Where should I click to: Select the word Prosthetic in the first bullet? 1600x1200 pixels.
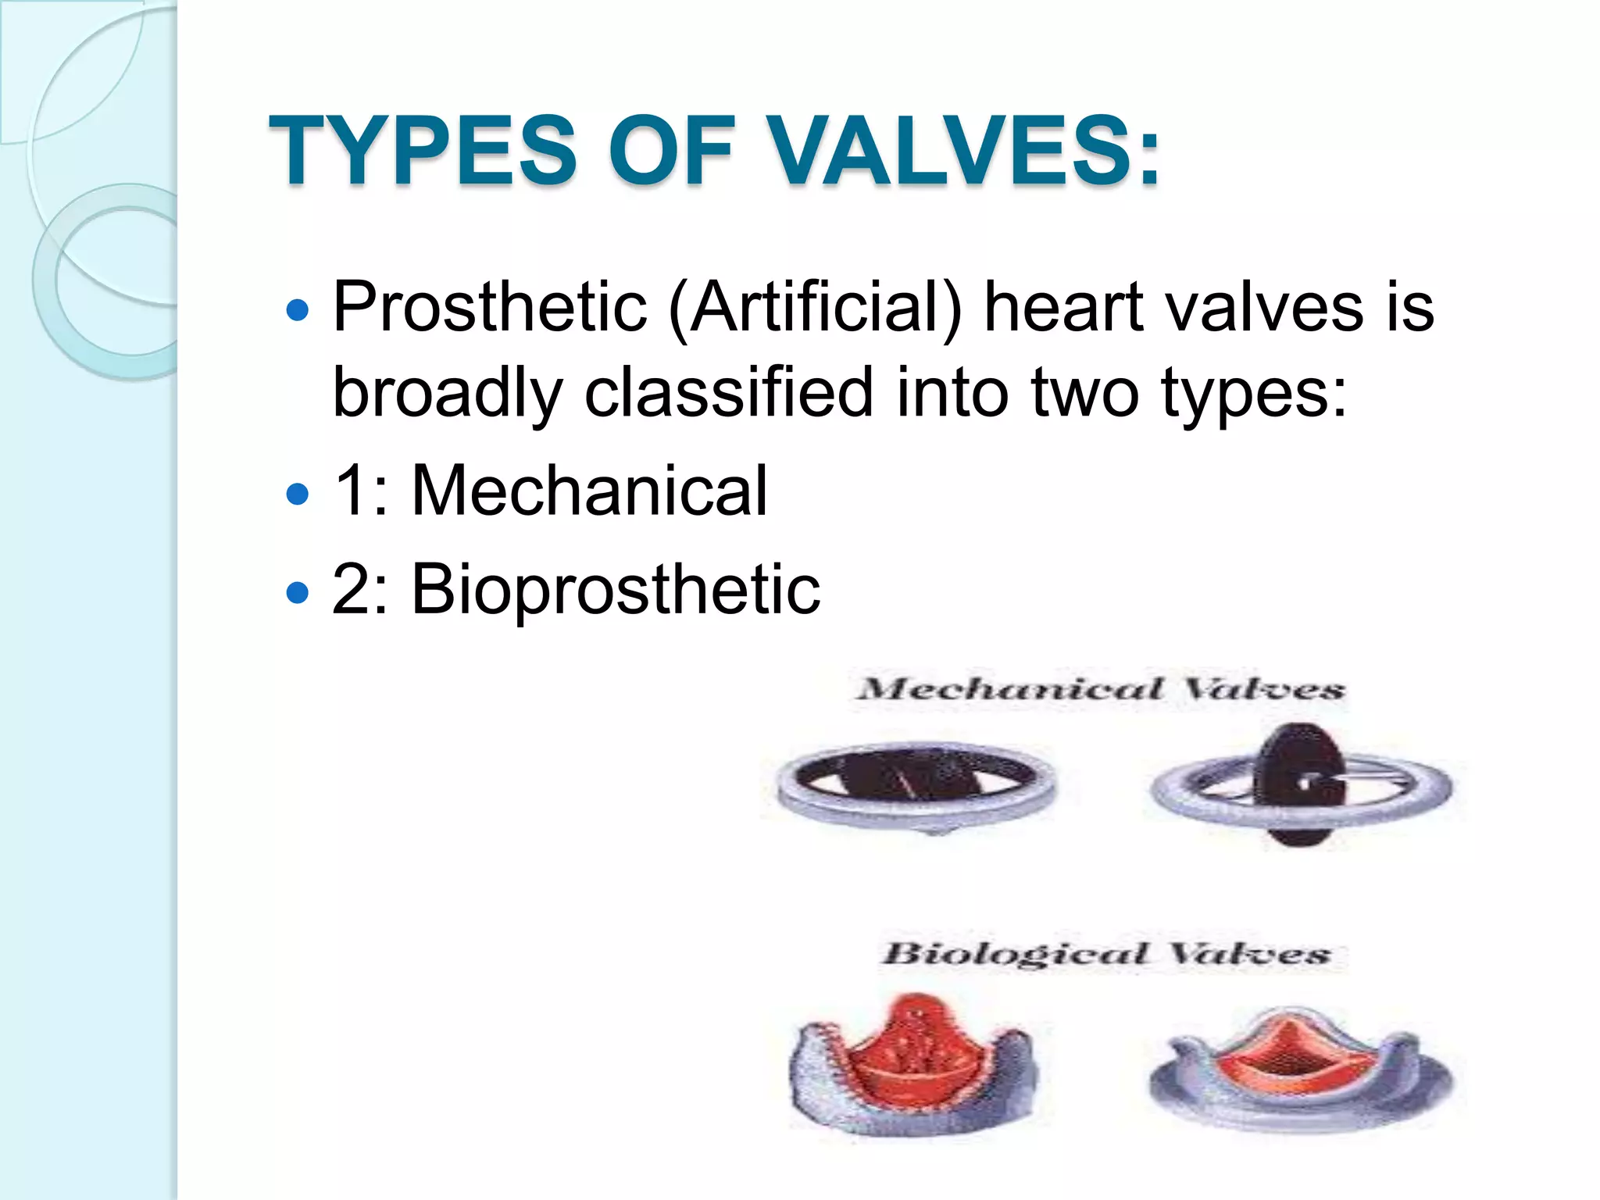[x=490, y=307]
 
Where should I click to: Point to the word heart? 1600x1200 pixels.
[x=1064, y=307]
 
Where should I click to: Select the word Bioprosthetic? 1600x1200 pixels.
[x=616, y=589]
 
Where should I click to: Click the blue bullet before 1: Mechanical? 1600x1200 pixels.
[x=298, y=494]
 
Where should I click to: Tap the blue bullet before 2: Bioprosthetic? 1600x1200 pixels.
[x=298, y=593]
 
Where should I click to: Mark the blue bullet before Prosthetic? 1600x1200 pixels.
[x=298, y=311]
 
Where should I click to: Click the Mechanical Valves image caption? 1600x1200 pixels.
[x=1100, y=689]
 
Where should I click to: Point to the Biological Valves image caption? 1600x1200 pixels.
[x=1105, y=954]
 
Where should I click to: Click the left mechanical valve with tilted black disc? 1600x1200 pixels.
[x=916, y=783]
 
